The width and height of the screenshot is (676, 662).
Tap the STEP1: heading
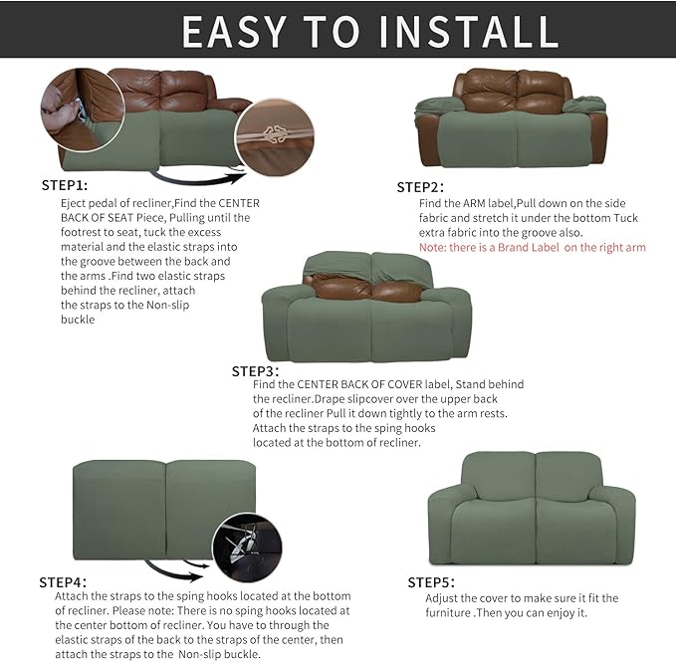pos(64,185)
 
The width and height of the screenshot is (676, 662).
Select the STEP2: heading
pos(419,187)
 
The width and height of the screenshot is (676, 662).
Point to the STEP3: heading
pos(254,370)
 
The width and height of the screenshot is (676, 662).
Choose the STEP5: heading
pos(430,581)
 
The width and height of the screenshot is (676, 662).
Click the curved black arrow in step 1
pos(199,180)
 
